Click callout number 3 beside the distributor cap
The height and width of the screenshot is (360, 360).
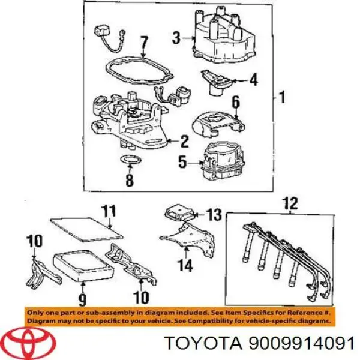176,38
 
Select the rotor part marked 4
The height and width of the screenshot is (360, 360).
218,82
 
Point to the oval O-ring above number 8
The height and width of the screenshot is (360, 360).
130,160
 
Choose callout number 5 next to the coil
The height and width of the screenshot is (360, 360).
182,163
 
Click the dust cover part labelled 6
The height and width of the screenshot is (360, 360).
218,125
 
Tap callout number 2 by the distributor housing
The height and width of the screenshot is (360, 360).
184,141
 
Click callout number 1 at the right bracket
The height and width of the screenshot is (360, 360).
282,97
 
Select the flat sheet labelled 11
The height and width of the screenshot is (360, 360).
86,230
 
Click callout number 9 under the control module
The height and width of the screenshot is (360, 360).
82,299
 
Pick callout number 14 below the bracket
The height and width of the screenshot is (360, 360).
185,265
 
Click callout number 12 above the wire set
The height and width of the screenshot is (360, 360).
290,203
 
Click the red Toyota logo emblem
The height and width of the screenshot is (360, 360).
30,343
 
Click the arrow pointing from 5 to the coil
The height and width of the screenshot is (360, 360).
195,163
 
